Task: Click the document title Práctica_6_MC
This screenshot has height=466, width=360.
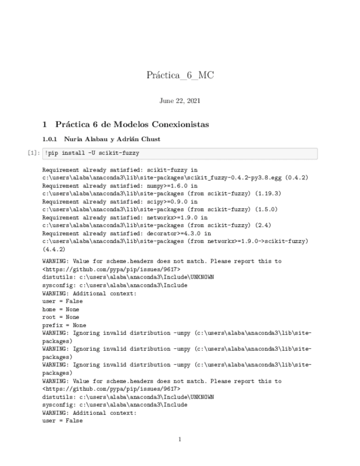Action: tap(180, 75)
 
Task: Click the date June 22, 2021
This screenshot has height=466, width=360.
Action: tap(180, 101)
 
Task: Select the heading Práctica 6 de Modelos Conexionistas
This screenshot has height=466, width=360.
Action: tap(132, 125)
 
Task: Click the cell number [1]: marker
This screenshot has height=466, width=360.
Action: tap(34, 153)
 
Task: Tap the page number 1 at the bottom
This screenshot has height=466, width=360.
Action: tap(180, 439)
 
